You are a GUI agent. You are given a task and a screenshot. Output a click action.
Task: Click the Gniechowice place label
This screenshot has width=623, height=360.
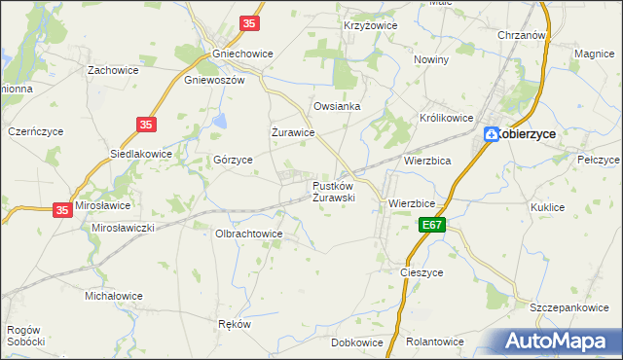[235, 55]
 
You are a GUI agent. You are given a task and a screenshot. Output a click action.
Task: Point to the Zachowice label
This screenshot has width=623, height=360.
[112, 70]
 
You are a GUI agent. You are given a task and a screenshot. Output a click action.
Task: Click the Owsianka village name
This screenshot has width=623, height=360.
[337, 106]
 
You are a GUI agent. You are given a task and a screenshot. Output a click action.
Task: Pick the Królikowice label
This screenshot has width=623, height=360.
[446, 117]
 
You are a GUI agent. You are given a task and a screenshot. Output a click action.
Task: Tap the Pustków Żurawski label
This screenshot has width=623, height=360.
[334, 191]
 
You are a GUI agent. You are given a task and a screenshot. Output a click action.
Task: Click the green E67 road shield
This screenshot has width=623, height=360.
[433, 226]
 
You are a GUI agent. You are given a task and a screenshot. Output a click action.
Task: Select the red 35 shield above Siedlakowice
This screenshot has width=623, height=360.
[146, 125]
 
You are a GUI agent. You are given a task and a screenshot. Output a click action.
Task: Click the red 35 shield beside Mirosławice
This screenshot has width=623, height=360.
[62, 209]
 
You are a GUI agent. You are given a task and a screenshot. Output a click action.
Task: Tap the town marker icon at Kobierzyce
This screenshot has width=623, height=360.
[493, 135]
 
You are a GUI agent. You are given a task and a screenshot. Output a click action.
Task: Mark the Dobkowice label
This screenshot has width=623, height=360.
[356, 342]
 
